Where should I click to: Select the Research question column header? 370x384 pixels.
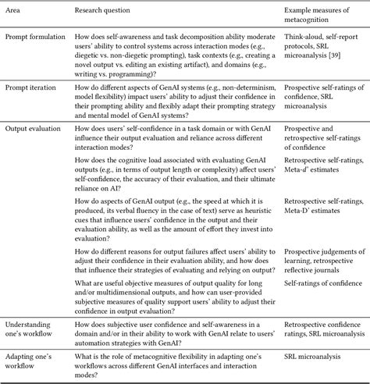pos(108,12)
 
